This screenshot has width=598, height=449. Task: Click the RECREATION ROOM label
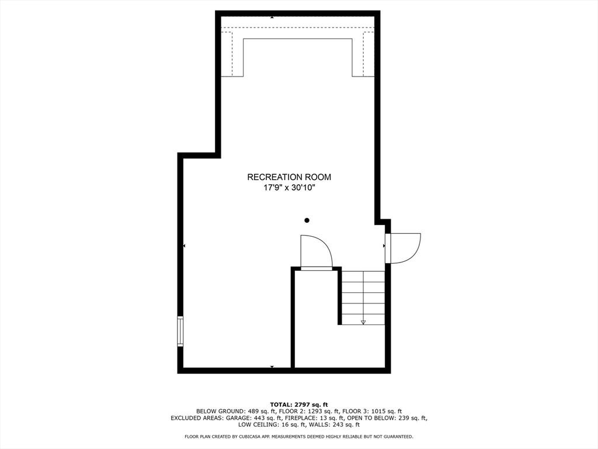(x=289, y=177)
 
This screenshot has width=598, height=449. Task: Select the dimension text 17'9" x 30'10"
(x=289, y=188)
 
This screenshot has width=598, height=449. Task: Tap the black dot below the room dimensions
(x=307, y=220)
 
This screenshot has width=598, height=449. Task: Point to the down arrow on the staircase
(x=363, y=322)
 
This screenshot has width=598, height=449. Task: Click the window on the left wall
(x=180, y=331)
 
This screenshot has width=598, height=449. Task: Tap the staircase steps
(x=363, y=298)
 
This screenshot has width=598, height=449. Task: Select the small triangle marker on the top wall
(x=272, y=17)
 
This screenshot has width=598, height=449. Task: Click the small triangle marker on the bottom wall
(x=272, y=367)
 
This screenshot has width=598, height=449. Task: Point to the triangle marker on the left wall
(x=184, y=246)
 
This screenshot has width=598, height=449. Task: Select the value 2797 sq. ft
(x=312, y=405)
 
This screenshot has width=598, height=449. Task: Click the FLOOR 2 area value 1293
(x=311, y=412)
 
